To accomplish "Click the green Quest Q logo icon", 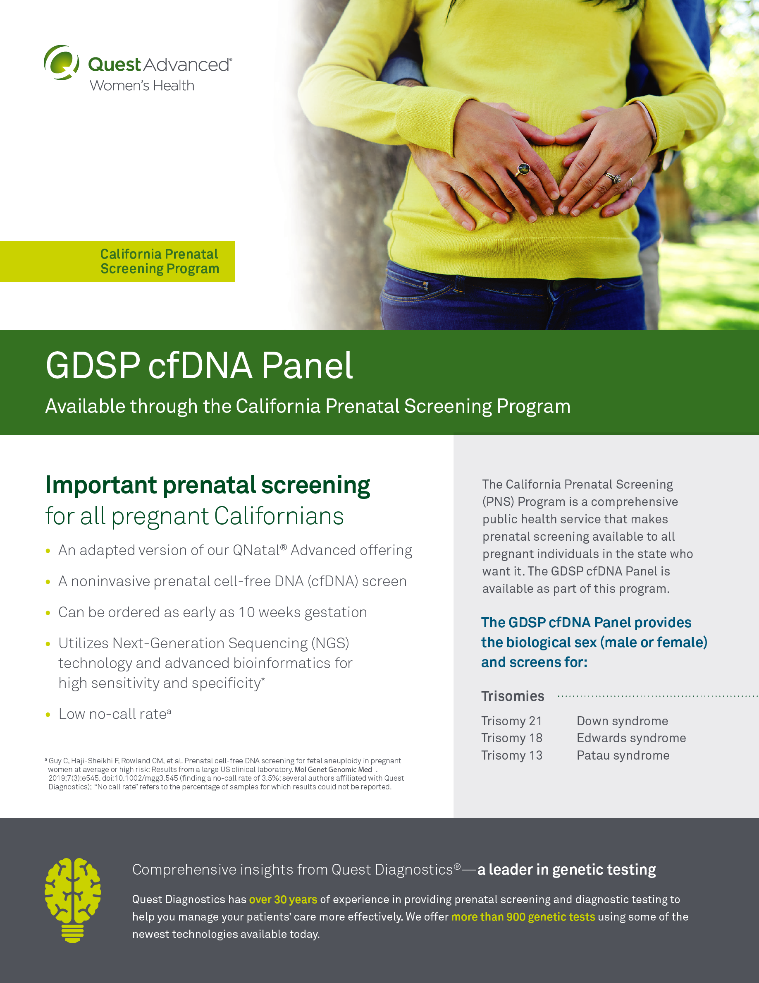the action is [x=62, y=62].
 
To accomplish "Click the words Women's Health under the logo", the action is [x=142, y=85].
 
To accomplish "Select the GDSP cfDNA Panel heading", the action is [x=199, y=365].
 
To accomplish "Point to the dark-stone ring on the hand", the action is [x=523, y=170].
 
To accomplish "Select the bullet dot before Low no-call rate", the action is [x=48, y=715].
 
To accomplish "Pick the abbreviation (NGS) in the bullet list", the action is [x=330, y=643].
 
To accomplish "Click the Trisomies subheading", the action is [x=513, y=696].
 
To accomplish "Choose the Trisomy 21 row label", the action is [x=512, y=721].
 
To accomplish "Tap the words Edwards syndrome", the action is [x=631, y=738].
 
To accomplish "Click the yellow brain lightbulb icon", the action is [x=73, y=900].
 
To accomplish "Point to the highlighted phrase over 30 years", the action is [x=283, y=899].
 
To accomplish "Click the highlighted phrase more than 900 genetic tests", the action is [x=523, y=917].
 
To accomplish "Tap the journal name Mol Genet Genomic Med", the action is [x=333, y=769].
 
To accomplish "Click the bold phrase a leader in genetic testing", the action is [x=566, y=870].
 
